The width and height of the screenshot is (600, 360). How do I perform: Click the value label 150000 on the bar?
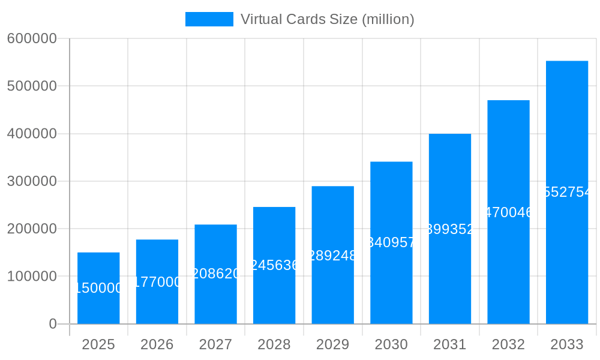(98, 289)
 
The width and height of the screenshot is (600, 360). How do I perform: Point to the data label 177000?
(157, 282)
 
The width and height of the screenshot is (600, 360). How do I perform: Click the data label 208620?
(215, 274)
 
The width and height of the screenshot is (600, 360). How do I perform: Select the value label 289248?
(332, 256)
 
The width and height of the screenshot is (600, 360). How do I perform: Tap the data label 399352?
(450, 229)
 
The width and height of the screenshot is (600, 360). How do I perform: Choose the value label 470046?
(508, 212)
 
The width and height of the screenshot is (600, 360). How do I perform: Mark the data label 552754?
(567, 192)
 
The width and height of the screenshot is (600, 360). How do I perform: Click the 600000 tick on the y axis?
(32, 38)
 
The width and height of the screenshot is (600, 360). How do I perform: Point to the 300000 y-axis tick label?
(32, 181)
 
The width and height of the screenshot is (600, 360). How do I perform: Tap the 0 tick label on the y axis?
(52, 324)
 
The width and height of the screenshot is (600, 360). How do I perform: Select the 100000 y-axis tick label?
(32, 277)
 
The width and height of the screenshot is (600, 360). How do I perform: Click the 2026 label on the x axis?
(157, 344)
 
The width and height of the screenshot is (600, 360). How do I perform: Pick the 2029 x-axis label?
(332, 344)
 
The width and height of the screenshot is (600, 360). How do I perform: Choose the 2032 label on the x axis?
(508, 344)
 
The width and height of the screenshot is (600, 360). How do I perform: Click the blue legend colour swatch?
(209, 19)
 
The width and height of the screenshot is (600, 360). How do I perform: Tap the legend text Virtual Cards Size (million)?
(327, 19)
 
